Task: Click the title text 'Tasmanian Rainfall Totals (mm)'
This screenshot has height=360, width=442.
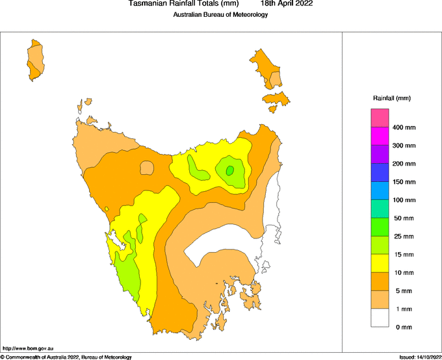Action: (x=183, y=4)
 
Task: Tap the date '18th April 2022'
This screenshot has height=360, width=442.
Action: (x=287, y=4)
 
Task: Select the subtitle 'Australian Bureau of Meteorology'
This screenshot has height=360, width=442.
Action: (x=220, y=15)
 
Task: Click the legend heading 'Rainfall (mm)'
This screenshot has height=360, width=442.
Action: (x=391, y=98)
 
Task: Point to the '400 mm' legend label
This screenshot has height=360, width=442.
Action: (x=404, y=127)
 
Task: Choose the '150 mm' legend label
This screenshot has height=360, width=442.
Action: (x=404, y=182)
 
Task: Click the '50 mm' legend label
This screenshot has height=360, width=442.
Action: (x=404, y=218)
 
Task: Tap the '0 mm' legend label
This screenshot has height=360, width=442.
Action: (x=404, y=327)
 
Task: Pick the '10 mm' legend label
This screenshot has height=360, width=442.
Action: (x=404, y=272)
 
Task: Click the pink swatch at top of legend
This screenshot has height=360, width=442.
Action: (x=380, y=118)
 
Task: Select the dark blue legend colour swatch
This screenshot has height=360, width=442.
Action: (x=380, y=172)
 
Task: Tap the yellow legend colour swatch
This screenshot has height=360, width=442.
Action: (x=380, y=263)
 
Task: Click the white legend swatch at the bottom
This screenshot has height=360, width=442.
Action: (x=380, y=318)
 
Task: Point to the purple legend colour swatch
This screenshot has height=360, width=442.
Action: (x=380, y=154)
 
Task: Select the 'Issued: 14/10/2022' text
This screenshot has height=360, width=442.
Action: (x=420, y=357)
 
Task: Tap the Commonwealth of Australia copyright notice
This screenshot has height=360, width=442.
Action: (x=66, y=357)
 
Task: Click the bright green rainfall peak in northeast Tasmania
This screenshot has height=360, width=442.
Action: (x=229, y=171)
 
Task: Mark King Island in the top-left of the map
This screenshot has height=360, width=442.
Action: (x=35, y=60)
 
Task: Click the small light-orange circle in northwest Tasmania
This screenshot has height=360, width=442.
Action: (x=147, y=168)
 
